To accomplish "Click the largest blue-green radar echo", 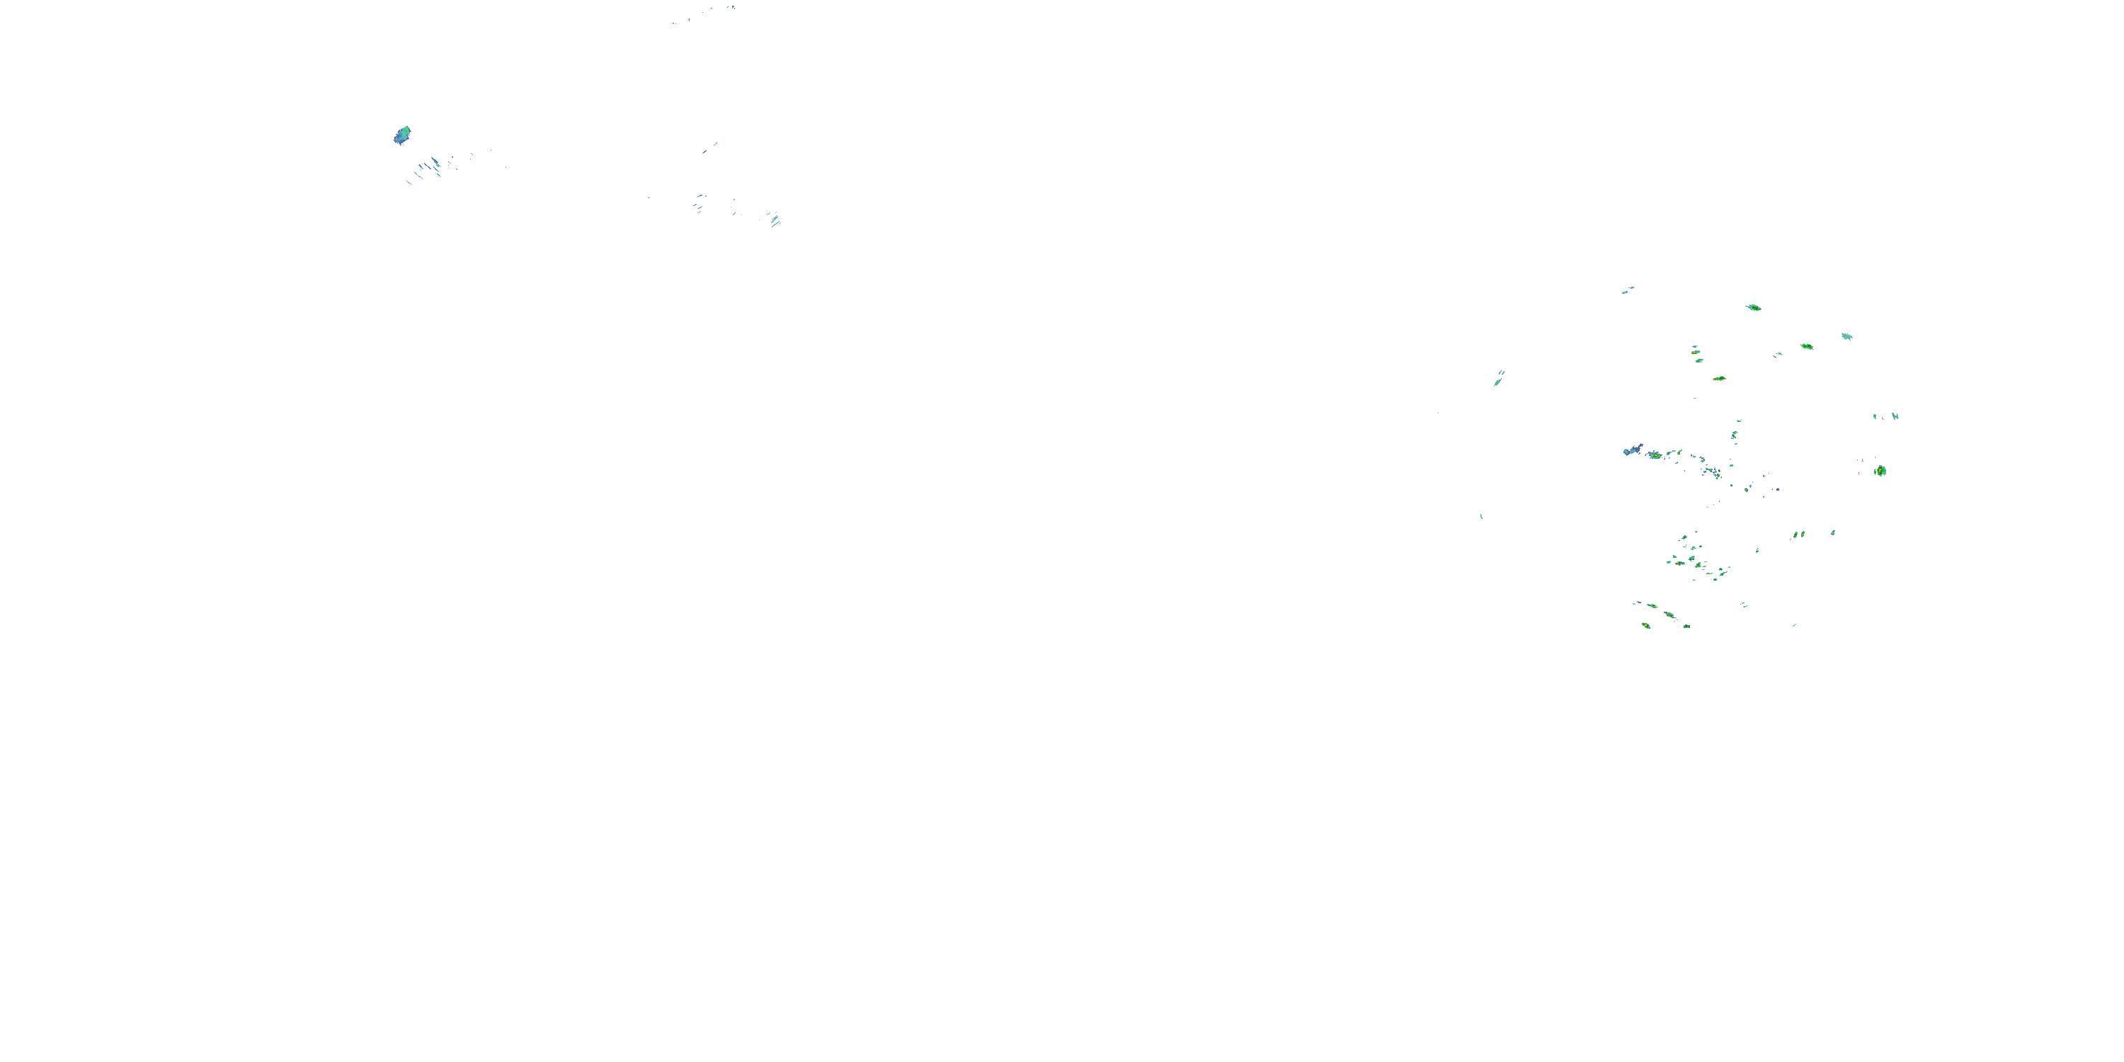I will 401,135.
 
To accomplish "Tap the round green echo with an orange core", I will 1880,471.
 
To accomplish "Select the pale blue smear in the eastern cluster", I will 1632,450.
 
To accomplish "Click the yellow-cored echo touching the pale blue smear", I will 1654,455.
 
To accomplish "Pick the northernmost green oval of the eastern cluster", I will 1754,307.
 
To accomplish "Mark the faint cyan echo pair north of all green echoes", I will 1628,290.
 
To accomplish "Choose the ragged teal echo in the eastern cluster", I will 1847,336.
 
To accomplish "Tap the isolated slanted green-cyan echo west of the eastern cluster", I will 1498,380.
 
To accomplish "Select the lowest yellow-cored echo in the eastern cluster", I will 1646,626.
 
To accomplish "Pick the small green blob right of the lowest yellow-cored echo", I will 1686,627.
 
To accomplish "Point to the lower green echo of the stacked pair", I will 1698,361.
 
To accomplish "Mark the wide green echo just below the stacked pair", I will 1719,379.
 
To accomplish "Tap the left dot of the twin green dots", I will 1795,536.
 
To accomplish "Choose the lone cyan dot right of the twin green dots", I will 1833,532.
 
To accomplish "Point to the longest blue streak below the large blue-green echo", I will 435,162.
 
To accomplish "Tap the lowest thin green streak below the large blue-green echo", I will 409,181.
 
